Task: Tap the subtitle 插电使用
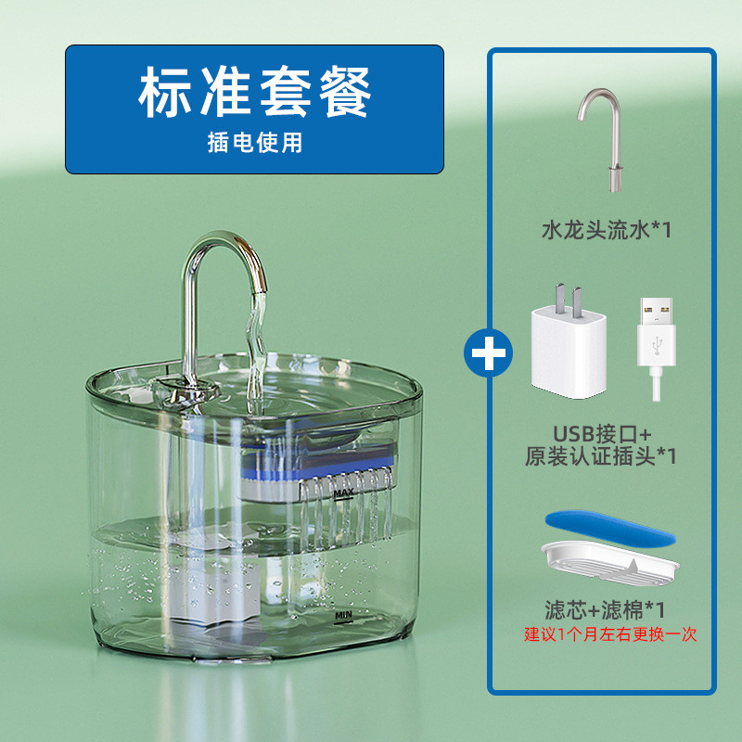coord(255,144)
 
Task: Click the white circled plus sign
coord(490,354)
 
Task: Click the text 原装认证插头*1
coord(603,456)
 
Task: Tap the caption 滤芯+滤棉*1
coord(605,610)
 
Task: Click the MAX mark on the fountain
coord(344,492)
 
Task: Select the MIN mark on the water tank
coord(344,613)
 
